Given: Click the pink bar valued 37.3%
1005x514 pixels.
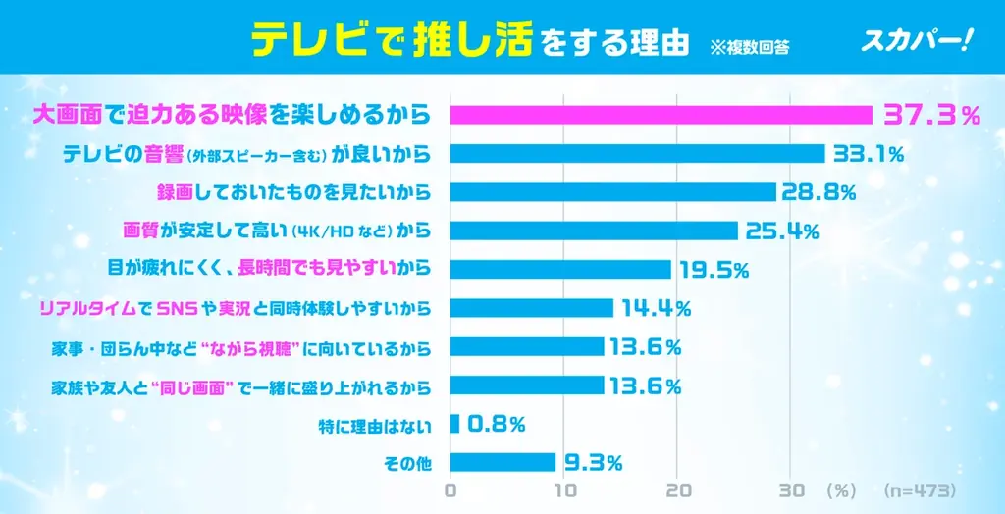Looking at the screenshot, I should (x=661, y=115).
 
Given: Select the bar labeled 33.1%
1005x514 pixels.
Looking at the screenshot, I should (x=637, y=154).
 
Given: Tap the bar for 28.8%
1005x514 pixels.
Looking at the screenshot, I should (x=612, y=192).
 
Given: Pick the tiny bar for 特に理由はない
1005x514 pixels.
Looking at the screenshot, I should (x=454, y=423).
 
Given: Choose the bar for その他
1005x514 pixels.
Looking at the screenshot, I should (x=502, y=462).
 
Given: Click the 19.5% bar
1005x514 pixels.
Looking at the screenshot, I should (x=560, y=269).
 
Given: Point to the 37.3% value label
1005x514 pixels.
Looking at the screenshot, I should (x=931, y=115).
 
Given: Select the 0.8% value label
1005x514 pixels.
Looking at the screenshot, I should (x=497, y=424).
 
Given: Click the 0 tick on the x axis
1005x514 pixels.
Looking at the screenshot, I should (x=450, y=488).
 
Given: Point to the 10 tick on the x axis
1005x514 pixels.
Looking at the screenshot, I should (x=564, y=488).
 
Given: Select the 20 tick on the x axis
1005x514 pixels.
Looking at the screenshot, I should (x=678, y=488).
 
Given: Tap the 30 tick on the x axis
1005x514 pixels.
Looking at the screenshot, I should (x=791, y=488).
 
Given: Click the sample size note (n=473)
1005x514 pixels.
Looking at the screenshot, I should (x=919, y=488).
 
